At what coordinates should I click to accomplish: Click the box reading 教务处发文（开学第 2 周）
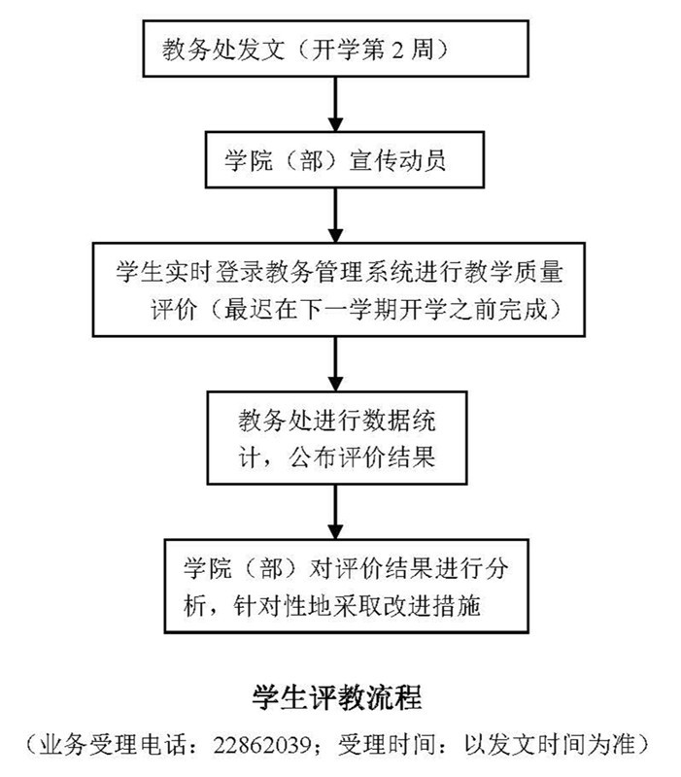(x=335, y=50)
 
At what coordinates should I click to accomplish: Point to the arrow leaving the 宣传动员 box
(x=335, y=215)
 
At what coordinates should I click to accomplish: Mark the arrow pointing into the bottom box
(x=335, y=511)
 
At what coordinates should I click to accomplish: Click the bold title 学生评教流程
(x=336, y=698)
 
